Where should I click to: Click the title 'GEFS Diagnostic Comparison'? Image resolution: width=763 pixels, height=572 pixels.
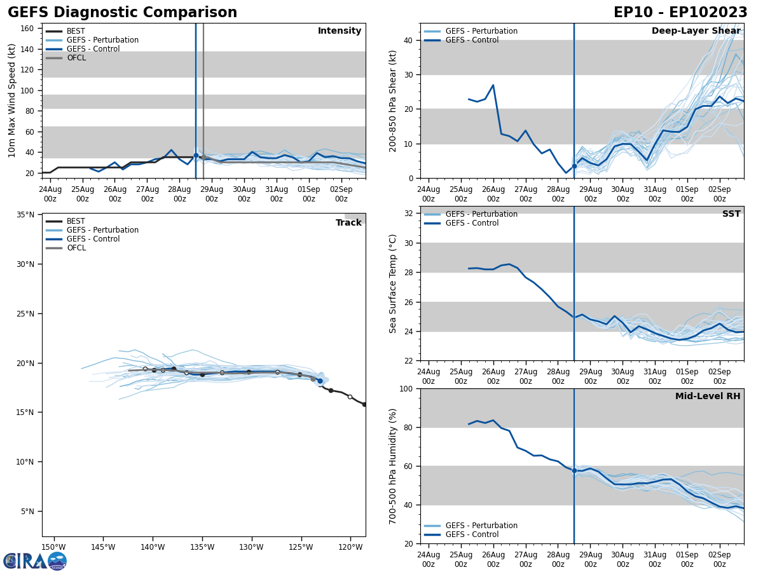(122, 13)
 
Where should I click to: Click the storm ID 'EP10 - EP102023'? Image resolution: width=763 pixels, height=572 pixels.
(680, 13)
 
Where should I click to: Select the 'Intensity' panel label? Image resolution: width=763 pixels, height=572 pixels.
(340, 31)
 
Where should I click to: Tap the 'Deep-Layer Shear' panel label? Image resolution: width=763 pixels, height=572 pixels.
(696, 31)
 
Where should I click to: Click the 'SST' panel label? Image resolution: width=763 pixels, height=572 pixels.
(731, 214)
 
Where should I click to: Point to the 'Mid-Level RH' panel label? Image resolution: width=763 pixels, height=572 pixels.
(708, 397)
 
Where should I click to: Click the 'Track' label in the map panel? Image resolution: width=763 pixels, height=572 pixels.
(348, 223)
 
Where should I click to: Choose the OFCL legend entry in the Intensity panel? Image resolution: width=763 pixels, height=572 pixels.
(76, 58)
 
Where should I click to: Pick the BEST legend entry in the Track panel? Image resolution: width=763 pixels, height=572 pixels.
(76, 221)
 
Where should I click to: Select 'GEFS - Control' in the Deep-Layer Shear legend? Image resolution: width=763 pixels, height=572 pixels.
(472, 40)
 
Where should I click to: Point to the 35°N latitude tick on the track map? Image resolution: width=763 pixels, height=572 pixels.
(25, 215)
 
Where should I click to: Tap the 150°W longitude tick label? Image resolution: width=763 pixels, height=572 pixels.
(53, 547)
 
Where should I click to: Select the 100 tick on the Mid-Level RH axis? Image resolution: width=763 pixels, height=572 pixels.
(406, 389)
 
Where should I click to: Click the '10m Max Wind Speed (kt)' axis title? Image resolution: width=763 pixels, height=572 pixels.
(12, 101)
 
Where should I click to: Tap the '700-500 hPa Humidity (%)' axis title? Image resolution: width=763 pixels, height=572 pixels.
(394, 466)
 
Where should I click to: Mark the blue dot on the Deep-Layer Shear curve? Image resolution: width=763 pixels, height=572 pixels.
(574, 166)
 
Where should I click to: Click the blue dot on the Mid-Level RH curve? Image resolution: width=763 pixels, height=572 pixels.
(574, 471)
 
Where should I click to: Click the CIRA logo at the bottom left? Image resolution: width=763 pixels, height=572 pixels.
(34, 561)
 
